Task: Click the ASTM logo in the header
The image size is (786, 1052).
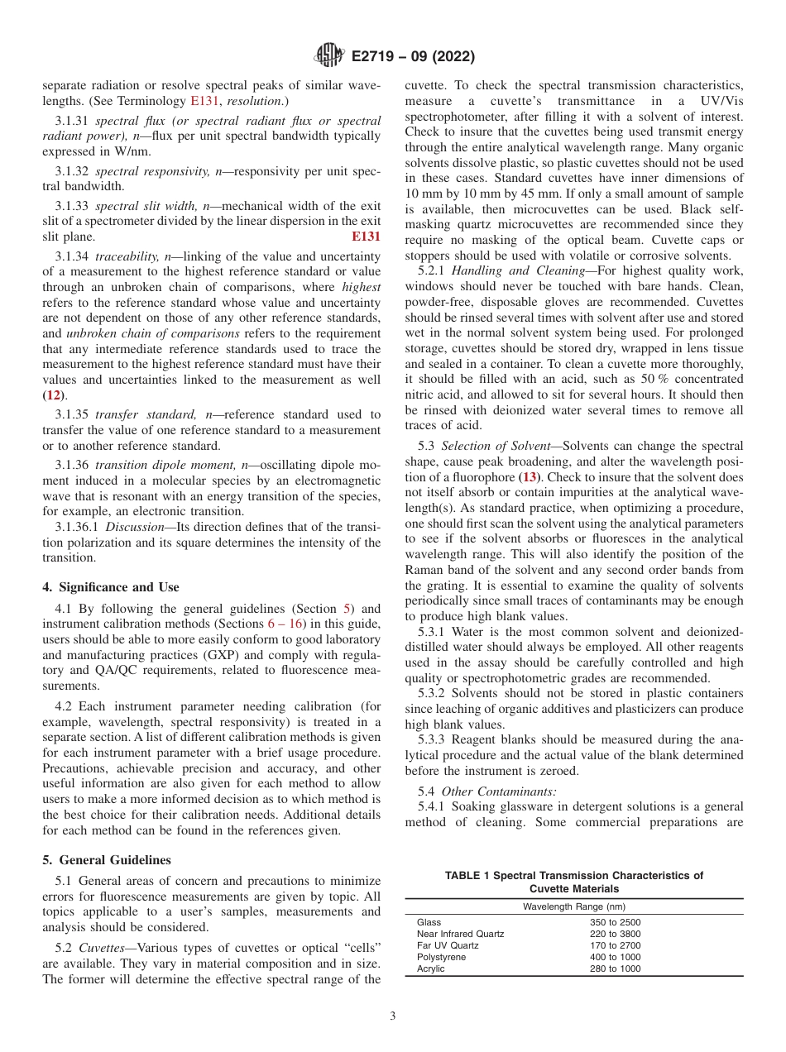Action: click(329, 56)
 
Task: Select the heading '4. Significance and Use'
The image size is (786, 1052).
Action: click(110, 587)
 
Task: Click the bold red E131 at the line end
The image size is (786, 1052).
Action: click(367, 236)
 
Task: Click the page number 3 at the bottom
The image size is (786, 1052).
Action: click(393, 1016)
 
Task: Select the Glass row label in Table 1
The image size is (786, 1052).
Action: click(429, 922)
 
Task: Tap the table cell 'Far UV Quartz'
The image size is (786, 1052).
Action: click(448, 945)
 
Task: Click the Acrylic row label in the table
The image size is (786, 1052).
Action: click(430, 968)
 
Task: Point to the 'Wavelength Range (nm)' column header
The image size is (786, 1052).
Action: click(573, 906)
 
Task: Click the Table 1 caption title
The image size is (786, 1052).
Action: click(573, 882)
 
